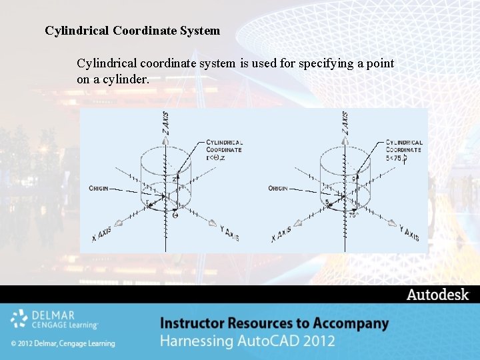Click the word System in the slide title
click(197, 31)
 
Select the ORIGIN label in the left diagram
click(99, 189)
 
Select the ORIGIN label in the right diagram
click(278, 189)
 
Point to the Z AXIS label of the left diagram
click(165, 123)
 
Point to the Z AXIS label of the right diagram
click(345, 123)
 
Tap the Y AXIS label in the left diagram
click(229, 233)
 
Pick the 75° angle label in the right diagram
click(353, 215)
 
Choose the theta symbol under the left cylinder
click(175, 215)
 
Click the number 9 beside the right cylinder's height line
click(353, 179)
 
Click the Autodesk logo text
click(438, 295)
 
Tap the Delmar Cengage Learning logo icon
click(19, 319)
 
